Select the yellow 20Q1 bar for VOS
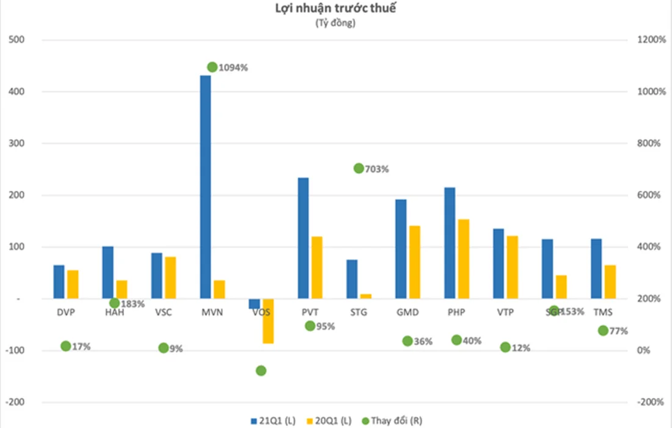(x=268, y=321)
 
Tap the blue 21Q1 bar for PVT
(x=303, y=238)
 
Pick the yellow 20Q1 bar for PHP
(x=464, y=259)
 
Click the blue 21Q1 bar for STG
(x=352, y=279)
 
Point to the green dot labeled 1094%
(x=212, y=67)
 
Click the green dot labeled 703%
(x=359, y=168)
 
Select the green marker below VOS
(x=261, y=371)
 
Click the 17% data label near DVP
(x=81, y=347)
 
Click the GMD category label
(x=407, y=312)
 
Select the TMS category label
(x=602, y=312)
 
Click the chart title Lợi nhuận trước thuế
(x=335, y=9)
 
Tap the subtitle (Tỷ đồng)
(x=335, y=23)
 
